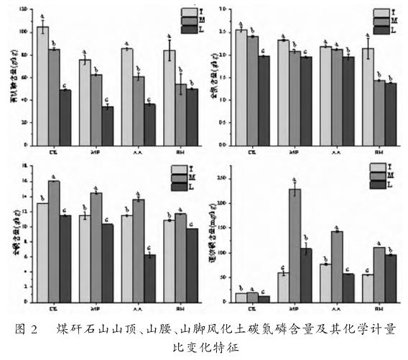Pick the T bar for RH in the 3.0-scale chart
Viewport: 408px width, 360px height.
click(368, 97)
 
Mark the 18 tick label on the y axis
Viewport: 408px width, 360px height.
click(24, 166)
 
